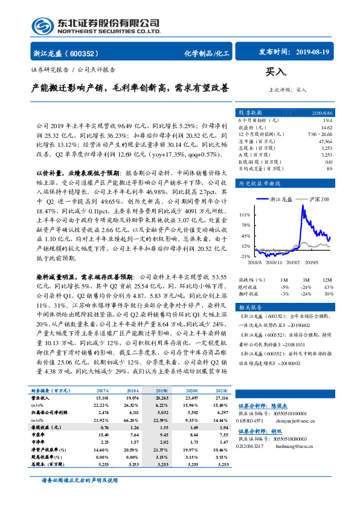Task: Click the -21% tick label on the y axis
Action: pyautogui.click(x=244, y=256)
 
